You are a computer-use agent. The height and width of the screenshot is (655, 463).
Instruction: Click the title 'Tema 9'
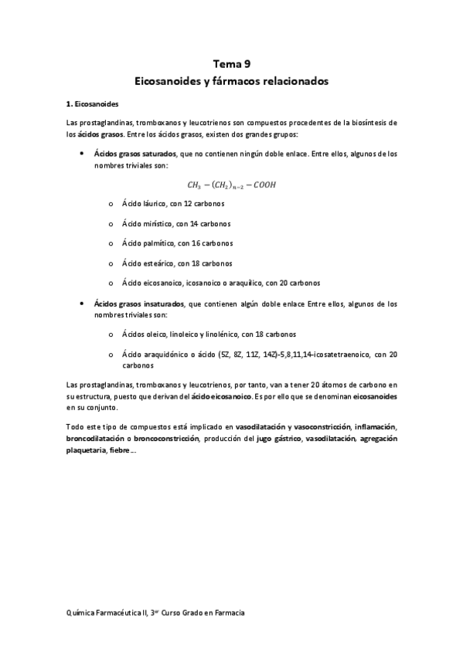click(x=231, y=65)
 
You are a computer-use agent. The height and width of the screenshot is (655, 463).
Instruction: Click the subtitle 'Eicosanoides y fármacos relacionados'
click(x=231, y=80)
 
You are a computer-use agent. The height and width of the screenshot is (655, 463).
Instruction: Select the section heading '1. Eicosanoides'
click(x=92, y=104)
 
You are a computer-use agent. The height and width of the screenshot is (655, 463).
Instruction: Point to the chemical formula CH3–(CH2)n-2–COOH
click(x=231, y=185)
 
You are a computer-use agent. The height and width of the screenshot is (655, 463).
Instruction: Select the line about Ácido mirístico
click(x=175, y=224)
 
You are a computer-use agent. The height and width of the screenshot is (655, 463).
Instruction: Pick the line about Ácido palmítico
click(x=172, y=243)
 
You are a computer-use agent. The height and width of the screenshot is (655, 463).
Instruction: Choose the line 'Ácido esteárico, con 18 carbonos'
click(x=172, y=263)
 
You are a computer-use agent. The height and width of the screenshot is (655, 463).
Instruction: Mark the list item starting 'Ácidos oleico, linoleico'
click(x=208, y=334)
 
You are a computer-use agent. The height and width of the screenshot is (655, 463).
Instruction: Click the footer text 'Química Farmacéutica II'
click(x=111, y=612)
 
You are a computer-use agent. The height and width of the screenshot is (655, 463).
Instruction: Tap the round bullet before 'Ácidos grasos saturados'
click(x=82, y=154)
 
